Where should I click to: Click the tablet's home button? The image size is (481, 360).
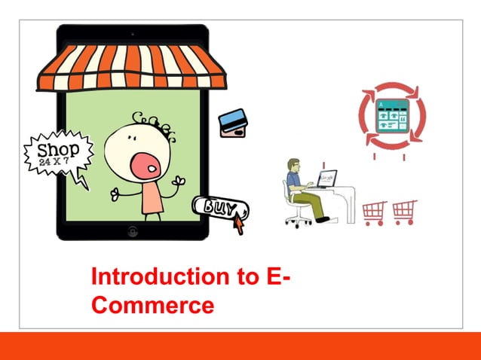pyautogui.click(x=133, y=231)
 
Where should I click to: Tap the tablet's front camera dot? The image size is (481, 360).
pyautogui.click(x=132, y=33)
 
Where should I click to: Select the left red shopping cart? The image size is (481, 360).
pyautogui.click(x=375, y=212)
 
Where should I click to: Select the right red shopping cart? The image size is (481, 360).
pyautogui.click(x=405, y=212)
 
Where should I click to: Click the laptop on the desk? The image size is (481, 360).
pyautogui.click(x=326, y=179)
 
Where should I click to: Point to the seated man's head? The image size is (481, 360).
pyautogui.click(x=295, y=165)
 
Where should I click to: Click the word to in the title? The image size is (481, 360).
pyautogui.click(x=246, y=277)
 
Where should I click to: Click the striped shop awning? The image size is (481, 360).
pyautogui.click(x=132, y=68)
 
